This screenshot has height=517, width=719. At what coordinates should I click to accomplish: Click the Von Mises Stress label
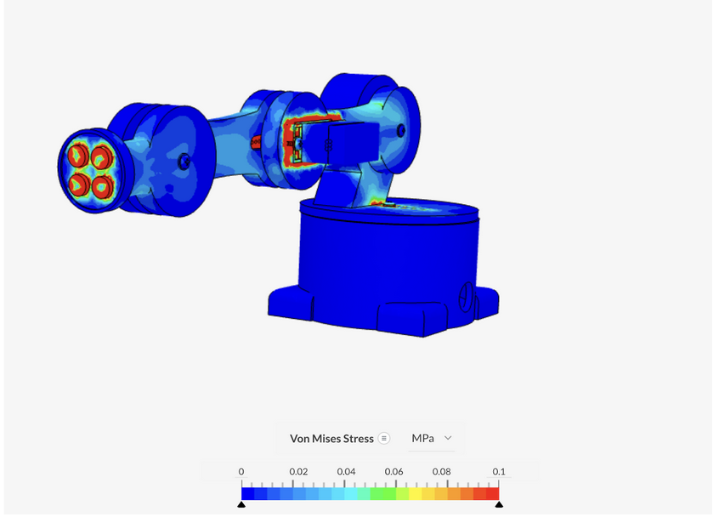[x=331, y=439]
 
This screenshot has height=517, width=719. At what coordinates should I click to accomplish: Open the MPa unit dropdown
[x=432, y=438]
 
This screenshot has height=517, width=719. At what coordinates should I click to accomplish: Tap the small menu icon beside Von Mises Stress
[x=384, y=439]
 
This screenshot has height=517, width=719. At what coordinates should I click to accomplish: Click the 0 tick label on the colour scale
[x=241, y=472]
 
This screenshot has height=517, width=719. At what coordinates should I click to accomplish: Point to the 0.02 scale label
[x=298, y=472]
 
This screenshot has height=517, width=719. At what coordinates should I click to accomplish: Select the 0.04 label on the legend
[x=346, y=472]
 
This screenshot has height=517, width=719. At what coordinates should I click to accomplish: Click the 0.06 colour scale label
[x=393, y=472]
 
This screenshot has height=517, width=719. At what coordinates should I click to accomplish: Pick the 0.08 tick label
[x=442, y=472]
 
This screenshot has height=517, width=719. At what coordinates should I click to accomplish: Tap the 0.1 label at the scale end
[x=499, y=472]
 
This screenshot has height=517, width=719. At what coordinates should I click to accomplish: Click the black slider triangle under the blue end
[x=241, y=504]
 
